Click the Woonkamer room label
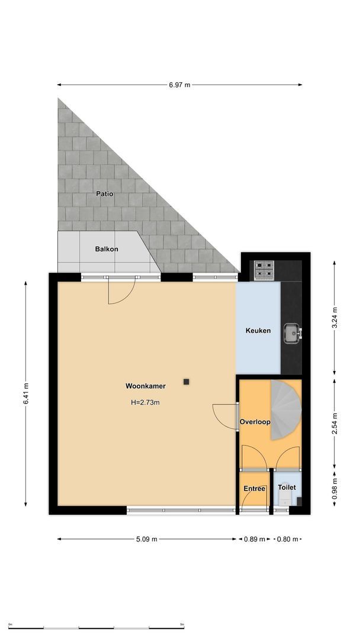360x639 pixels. tap(145, 386)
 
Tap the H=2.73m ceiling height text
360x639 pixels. tap(145, 402)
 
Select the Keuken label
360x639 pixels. tap(258, 330)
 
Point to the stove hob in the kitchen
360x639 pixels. tap(264, 270)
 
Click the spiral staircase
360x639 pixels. tap(285, 410)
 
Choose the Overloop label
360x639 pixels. tap(255, 422)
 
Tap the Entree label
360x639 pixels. tap(255, 488)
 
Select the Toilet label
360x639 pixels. tap(287, 488)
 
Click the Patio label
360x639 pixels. tap(104, 193)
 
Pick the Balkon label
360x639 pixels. tap(107, 249)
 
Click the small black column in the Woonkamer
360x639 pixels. tap(187, 382)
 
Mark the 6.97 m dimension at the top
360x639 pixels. tap(179, 85)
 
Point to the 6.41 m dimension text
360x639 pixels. tap(26, 394)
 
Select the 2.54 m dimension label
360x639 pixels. tap(335, 422)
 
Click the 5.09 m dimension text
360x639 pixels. tap(146, 539)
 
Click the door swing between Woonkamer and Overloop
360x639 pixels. tap(224, 415)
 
